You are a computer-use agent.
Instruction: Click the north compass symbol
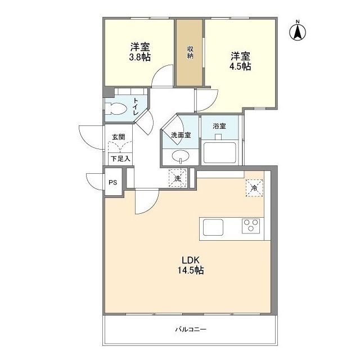coord(298,31)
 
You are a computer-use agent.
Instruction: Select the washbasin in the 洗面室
coord(181,156)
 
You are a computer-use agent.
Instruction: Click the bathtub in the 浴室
coord(220,152)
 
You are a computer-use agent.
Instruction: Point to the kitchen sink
coord(213,227)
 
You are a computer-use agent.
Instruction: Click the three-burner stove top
coord(251,226)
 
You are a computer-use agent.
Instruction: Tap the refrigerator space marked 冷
coord(254,188)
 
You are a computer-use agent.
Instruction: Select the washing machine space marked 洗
coord(178,178)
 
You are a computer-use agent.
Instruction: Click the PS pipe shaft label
coord(112,183)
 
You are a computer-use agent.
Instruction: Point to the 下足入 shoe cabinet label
coord(120,159)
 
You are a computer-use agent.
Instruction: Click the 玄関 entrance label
coord(119,137)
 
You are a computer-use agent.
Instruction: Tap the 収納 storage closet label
coord(190,52)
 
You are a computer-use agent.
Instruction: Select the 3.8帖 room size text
coord(140,57)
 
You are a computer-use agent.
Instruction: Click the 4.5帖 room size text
coord(240,66)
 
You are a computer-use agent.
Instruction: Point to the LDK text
coord(191,260)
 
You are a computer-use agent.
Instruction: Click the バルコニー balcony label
coord(191,330)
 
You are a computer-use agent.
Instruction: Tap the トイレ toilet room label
coord(136,106)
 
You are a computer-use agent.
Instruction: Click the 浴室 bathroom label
coord(219,126)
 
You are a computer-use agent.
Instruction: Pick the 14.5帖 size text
coord(191,271)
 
